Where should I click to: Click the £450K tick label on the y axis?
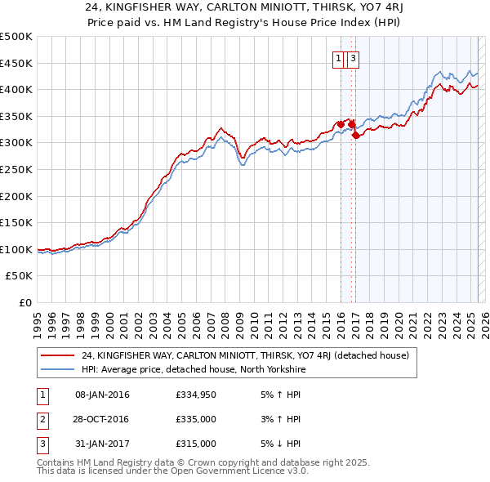pos(16,63)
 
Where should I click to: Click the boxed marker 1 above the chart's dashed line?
pos(338,58)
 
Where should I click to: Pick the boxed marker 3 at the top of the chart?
pos(353,58)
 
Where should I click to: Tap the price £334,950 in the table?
pos(195,395)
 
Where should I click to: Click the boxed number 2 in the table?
pos(42,420)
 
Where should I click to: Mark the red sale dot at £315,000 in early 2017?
pos(356,136)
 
